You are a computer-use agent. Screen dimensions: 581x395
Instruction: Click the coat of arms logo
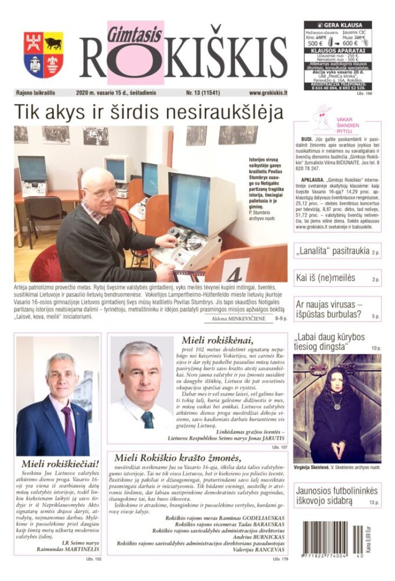pyautogui.click(x=44, y=54)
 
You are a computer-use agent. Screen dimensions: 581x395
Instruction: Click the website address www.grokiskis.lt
pyautogui.click(x=269, y=93)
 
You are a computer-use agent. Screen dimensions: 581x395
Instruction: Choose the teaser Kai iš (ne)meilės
pyautogui.click(x=325, y=278)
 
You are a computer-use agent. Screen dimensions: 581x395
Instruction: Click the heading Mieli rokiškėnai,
pyautogui.click(x=217, y=341)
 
